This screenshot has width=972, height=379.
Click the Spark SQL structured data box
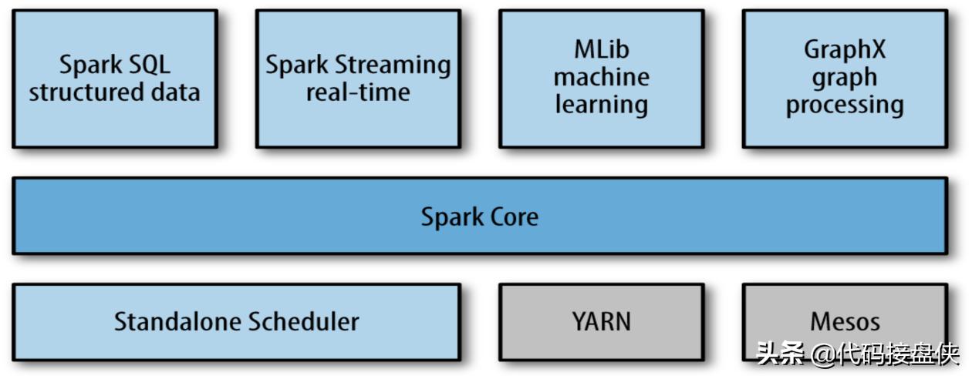[x=114, y=79]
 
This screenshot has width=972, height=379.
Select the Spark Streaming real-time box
[x=358, y=79]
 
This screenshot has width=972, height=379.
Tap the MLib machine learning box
[x=601, y=79]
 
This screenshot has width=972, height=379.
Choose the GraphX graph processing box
[x=845, y=79]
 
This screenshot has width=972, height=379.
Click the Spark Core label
[x=479, y=216]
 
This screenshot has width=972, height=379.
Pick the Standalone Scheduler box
[x=236, y=321]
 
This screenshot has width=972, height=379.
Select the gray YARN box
[x=601, y=321]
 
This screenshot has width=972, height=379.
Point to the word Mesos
[x=845, y=321]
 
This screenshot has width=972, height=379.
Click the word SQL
[x=146, y=65]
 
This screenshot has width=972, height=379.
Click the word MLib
[x=601, y=50]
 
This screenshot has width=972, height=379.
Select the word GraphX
[x=845, y=50]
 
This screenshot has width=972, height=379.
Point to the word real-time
[x=358, y=92]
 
